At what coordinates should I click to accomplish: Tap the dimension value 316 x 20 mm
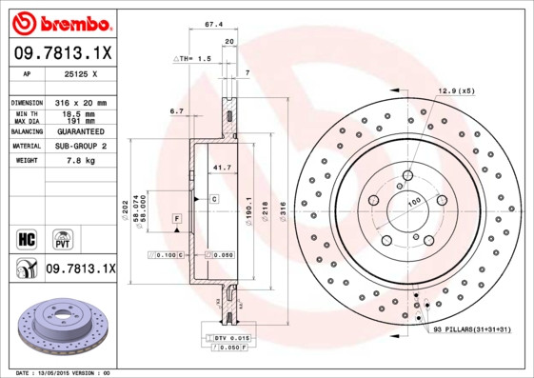click(x=78, y=102)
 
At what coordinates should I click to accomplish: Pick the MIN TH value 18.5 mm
click(x=78, y=113)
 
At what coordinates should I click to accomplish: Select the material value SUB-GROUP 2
click(x=78, y=146)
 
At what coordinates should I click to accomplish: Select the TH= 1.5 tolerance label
click(x=193, y=58)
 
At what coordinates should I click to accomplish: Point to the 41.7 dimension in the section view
click(x=220, y=168)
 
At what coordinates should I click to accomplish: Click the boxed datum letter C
click(x=214, y=198)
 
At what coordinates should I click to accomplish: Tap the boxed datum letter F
click(x=176, y=220)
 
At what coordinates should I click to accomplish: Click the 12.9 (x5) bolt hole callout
click(x=455, y=91)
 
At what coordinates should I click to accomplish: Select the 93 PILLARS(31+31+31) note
click(x=472, y=328)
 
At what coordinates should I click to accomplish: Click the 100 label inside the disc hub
click(x=414, y=201)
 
